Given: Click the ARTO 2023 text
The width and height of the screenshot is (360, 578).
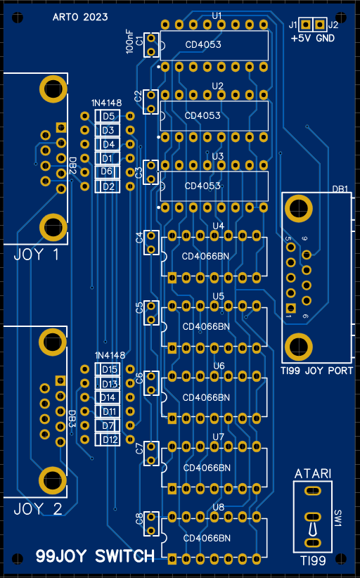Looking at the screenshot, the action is (80, 17).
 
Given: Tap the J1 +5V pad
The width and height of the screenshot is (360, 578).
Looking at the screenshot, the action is (305, 25).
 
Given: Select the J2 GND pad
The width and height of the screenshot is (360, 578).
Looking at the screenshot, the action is (320, 25).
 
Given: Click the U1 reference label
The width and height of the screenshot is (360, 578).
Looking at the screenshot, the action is (217, 16).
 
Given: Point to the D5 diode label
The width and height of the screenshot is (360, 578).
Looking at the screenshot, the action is (108, 116).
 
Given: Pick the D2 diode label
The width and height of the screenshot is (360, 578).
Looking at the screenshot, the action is (108, 186).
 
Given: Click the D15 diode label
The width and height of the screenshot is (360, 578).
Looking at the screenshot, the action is (110, 369).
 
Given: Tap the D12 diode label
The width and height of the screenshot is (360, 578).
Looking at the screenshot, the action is (110, 439).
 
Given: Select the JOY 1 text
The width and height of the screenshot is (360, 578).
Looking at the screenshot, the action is (36, 255).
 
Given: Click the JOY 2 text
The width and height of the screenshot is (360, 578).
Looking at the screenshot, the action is (38, 509).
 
